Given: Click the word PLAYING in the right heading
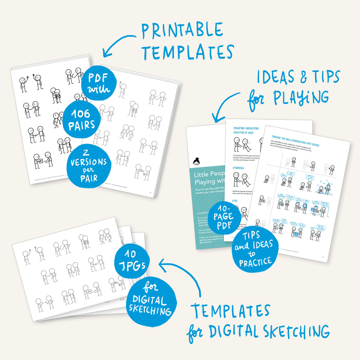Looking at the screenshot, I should coord(301,97).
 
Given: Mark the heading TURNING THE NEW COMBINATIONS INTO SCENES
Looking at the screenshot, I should coord(295,141).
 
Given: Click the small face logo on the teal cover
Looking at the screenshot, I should coord(197,161).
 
